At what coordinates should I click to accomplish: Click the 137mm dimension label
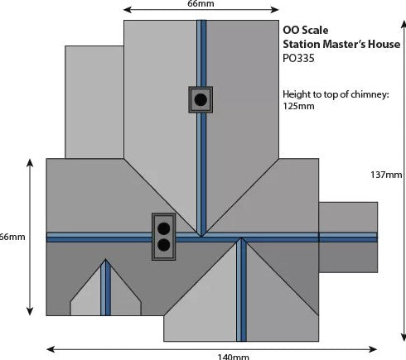coord(386,175)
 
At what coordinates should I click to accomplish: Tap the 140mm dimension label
coord(234,357)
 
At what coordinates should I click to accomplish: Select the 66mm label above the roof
coord(201,3)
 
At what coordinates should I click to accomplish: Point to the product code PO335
coord(298,58)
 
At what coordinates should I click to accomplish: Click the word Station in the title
coord(302,44)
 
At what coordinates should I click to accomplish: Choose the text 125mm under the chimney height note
coord(298,106)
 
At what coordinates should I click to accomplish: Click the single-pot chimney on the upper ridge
coord(201,99)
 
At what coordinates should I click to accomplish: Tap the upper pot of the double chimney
coord(163,228)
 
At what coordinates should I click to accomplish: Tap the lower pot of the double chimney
coord(163,245)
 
